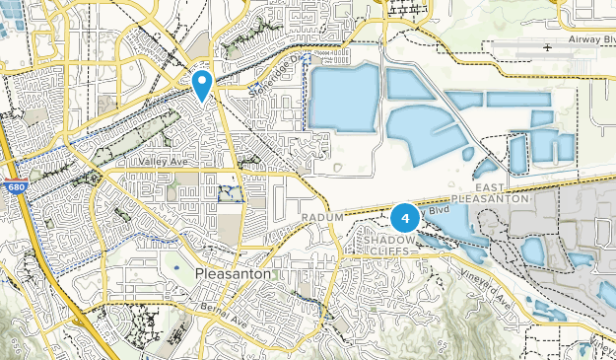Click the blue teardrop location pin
click(x=202, y=85)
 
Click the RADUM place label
click(x=322, y=217)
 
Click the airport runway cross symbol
click(x=548, y=46)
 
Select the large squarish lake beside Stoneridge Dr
click(x=343, y=98)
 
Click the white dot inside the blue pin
click(x=202, y=80)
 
